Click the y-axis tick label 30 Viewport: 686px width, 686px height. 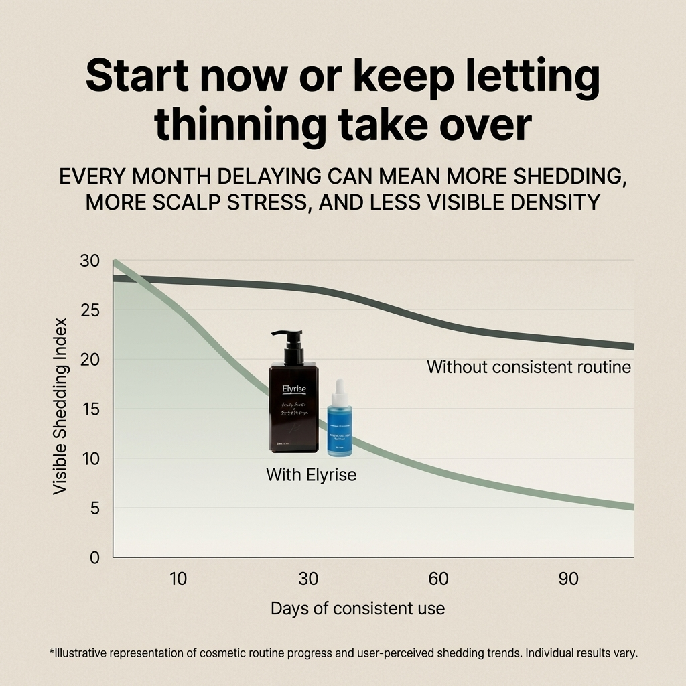89,261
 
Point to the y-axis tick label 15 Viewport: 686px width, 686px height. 89,409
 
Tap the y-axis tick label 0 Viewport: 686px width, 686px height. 94,557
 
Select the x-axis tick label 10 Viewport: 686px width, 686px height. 178,579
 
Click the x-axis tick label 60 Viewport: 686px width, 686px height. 438,579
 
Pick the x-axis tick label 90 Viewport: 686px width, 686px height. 568,579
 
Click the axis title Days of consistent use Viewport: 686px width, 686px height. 357,608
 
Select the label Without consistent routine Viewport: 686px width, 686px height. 529,367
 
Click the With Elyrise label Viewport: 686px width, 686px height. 311,475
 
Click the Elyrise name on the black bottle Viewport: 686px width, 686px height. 293,387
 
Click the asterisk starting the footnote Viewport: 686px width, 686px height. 52,651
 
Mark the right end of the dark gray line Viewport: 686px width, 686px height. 632,346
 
